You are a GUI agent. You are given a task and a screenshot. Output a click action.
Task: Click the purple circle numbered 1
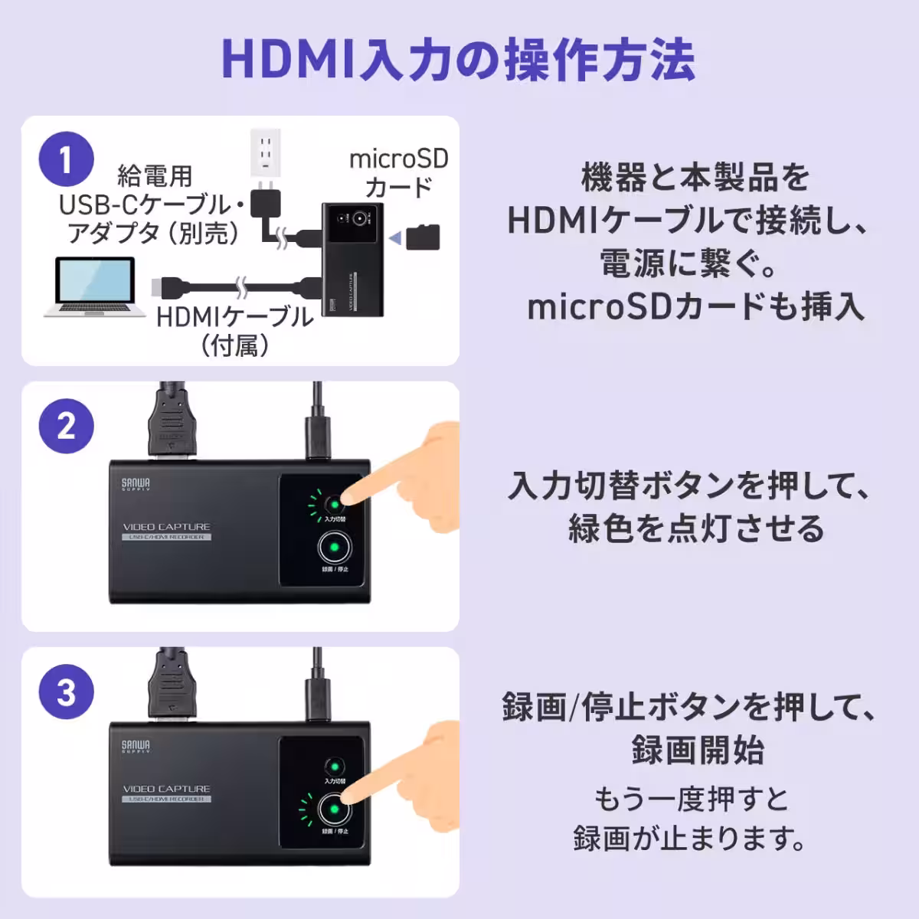[x=67, y=160]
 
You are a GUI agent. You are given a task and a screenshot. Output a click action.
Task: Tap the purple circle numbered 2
[x=67, y=426]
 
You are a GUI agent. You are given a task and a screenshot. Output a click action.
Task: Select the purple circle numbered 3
[x=67, y=692]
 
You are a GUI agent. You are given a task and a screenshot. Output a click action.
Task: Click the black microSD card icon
[x=423, y=237]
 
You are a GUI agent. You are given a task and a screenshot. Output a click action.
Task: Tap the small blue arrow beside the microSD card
[x=394, y=239]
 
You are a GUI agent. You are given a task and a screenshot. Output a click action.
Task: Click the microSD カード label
[x=398, y=173]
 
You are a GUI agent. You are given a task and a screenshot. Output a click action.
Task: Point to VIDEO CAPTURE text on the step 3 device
[x=166, y=789]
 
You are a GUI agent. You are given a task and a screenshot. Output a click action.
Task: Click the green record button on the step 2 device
[x=335, y=548]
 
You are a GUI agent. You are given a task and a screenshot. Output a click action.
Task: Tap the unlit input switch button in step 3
[x=334, y=767]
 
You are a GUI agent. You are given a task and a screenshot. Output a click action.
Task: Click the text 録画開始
[x=697, y=750]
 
